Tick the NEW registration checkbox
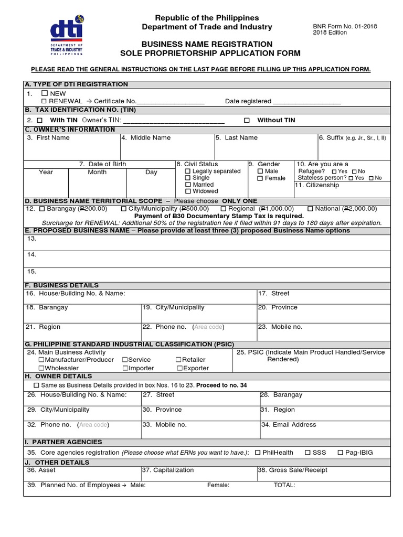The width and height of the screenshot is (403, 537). tap(44, 93)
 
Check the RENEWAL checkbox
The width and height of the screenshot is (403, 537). tap(44, 101)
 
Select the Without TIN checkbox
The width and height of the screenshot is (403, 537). tap(247, 120)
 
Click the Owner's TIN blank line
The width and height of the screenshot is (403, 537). tap(174, 121)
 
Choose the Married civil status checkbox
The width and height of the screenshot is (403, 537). tap(188, 185)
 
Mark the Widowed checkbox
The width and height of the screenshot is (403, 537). tap(188, 191)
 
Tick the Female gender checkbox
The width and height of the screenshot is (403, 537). tap(260, 178)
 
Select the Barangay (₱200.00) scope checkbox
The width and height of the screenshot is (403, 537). tap(41, 209)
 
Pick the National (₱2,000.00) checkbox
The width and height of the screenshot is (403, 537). tap(310, 209)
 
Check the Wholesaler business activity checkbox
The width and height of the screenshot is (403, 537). tap(41, 368)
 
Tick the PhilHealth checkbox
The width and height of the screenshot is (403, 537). tap(258, 453)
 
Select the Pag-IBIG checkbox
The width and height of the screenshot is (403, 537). tap(341, 453)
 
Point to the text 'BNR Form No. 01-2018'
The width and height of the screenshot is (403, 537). tap(345, 26)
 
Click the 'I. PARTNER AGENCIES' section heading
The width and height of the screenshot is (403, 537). tap(63, 442)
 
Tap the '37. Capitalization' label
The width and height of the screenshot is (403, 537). tap(168, 470)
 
